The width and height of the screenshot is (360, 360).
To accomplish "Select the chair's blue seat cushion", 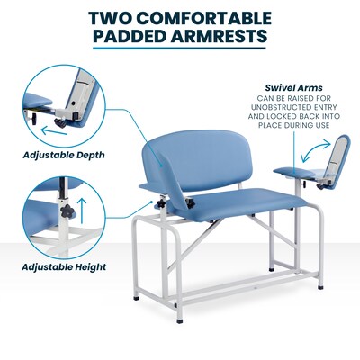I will point(216,211).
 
